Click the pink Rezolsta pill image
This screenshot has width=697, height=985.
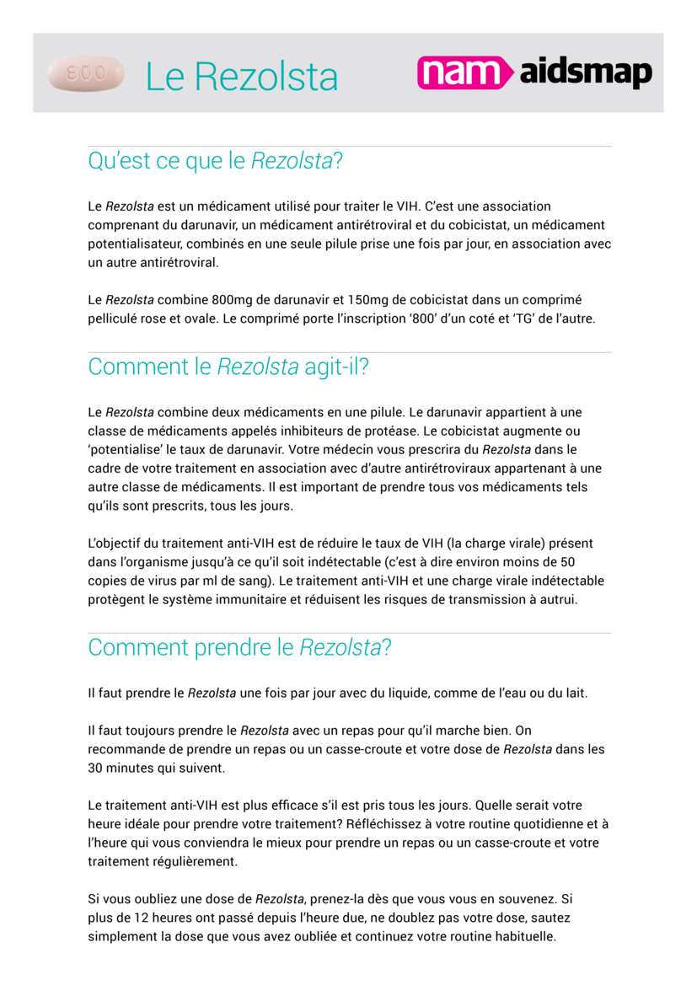(x=86, y=74)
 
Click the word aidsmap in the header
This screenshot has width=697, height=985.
(x=586, y=74)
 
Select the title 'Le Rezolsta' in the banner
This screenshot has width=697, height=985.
(x=241, y=77)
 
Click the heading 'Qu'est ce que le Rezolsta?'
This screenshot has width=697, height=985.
(x=215, y=161)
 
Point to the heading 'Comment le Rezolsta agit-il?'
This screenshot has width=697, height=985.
(x=228, y=367)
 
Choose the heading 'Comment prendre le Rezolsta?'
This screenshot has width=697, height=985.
(x=239, y=648)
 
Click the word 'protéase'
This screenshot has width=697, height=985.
(x=389, y=431)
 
